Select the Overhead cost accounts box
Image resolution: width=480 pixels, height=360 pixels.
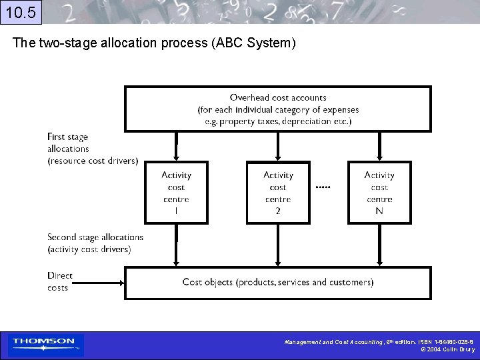click(278, 109)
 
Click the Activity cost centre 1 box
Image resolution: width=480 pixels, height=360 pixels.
click(176, 192)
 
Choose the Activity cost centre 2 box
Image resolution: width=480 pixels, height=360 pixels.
click(278, 192)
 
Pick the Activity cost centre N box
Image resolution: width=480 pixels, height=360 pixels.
click(379, 192)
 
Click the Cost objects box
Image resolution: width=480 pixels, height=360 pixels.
click(278, 282)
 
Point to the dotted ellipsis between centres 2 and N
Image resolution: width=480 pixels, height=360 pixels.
click(323, 187)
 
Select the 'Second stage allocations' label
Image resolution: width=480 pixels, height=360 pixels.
click(95, 243)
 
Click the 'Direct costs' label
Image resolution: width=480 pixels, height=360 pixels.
click(59, 281)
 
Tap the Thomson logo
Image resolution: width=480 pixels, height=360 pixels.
click(44, 344)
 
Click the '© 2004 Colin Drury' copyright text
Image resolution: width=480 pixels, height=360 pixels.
click(448, 349)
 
